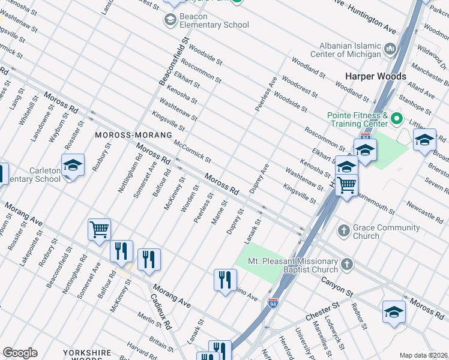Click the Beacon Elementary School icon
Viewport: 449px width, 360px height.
click(x=170, y=20)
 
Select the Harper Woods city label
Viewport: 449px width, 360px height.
click(x=375, y=76)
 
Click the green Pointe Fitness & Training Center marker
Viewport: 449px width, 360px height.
click(x=396, y=119)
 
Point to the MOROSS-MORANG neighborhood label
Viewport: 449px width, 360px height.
click(x=126, y=135)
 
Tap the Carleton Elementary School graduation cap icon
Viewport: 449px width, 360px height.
click(x=73, y=165)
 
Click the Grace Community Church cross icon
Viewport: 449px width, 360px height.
click(x=344, y=230)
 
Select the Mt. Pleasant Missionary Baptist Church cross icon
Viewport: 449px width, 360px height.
click(x=346, y=265)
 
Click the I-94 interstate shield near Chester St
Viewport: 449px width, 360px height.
click(x=273, y=304)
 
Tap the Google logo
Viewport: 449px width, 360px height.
click(x=20, y=353)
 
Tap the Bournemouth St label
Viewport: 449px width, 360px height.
click(x=375, y=203)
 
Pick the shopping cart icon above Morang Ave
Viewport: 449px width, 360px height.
click(x=100, y=229)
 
